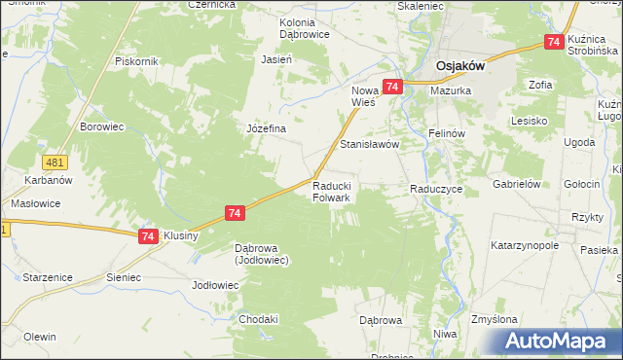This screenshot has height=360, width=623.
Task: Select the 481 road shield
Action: coord(54,162)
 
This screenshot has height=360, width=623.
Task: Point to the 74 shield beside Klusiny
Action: coord(148,236)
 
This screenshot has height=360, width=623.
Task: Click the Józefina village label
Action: coord(265,128)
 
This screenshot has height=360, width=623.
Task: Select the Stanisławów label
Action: coord(370,144)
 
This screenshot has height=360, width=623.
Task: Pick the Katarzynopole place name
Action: coord(525,245)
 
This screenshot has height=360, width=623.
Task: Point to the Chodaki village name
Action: coord(259,318)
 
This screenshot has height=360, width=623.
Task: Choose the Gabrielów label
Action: coord(516,184)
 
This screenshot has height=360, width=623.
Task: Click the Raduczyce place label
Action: coord(435,189)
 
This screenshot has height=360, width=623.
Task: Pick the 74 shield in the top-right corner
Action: coord(554,42)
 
